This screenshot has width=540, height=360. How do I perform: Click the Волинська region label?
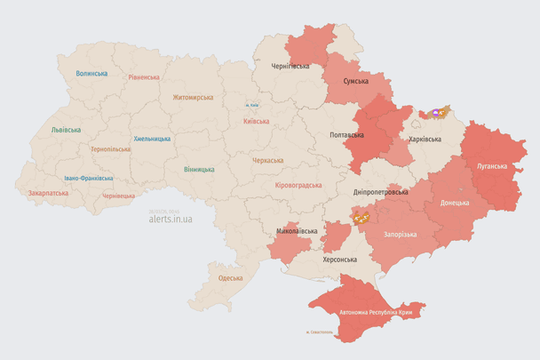coord(91,74)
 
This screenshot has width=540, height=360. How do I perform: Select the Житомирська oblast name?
coord(193,97)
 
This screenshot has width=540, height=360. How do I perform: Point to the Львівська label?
coord(66,130)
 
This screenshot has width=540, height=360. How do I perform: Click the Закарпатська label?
coord(48,192)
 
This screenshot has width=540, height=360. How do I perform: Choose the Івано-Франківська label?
coord(88,178)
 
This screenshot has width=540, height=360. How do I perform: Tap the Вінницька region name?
coord(199,169)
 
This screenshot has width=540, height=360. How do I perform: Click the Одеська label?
coord(230,278)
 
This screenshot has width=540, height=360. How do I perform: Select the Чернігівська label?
coord(290,66)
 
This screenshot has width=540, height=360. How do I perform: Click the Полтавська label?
coord(346,135)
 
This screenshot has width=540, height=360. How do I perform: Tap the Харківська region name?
coord(425,140)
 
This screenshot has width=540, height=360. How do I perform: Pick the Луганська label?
coord(492,166)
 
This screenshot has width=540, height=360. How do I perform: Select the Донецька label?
coord(456,203)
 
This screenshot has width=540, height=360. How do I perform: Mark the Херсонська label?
coord(338,260)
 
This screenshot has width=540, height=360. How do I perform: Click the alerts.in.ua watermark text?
coord(170,217)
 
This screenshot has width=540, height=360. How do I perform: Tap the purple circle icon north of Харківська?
coord(436,114)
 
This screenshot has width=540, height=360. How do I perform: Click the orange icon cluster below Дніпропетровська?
coord(361,215)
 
